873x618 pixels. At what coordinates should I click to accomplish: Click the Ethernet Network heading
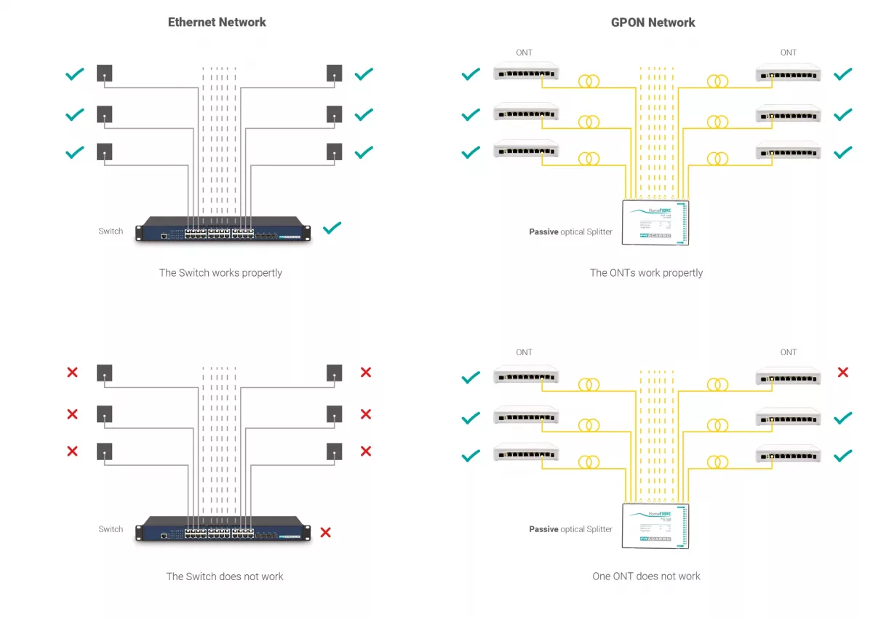(x=217, y=23)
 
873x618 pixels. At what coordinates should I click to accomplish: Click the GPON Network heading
(x=653, y=23)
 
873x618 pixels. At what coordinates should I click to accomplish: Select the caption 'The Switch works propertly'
(x=220, y=273)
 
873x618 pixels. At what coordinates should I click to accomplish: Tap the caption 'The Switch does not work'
(x=224, y=577)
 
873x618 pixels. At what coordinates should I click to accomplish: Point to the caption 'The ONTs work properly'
(x=646, y=273)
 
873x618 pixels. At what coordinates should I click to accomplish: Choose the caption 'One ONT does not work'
(x=646, y=577)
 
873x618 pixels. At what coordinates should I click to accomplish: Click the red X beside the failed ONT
(x=843, y=373)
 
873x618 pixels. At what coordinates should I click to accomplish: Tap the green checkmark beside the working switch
(x=332, y=229)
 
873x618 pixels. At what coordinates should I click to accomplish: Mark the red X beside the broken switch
(x=325, y=532)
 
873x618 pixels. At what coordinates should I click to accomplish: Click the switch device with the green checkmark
(x=223, y=229)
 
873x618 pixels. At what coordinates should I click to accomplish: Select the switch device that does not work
(x=223, y=528)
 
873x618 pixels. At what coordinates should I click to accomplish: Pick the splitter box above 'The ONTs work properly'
(x=655, y=222)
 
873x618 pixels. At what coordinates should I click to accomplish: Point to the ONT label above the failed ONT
(x=789, y=352)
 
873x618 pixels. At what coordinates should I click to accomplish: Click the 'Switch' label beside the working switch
(x=111, y=231)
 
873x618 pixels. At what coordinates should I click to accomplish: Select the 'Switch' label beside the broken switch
(x=111, y=529)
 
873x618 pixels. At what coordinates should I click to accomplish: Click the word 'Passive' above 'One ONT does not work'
(x=543, y=529)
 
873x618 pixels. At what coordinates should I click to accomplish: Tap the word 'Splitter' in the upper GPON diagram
(x=599, y=232)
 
